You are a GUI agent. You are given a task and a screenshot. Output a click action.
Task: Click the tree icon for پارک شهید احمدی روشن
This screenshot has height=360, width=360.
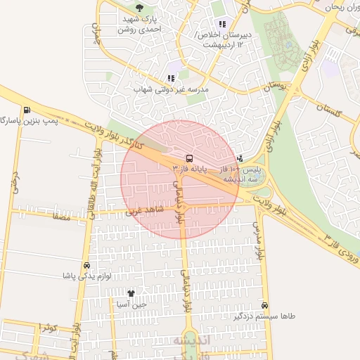139,8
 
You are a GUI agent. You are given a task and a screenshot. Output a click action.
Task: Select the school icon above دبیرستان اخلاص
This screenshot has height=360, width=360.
222,25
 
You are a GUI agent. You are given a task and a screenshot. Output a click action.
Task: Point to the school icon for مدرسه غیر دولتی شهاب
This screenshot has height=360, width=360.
171,79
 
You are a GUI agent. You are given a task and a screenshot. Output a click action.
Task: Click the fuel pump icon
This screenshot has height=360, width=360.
27,110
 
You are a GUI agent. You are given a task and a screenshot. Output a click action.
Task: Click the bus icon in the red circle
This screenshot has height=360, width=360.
189,158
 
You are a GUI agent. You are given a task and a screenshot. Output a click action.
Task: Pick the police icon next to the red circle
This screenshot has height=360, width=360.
241,158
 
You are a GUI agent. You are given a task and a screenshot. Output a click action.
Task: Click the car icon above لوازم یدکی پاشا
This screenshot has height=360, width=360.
86,266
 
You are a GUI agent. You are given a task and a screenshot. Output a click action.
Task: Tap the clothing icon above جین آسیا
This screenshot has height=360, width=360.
130,293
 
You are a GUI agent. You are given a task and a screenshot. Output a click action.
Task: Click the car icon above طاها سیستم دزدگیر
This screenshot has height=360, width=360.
264,306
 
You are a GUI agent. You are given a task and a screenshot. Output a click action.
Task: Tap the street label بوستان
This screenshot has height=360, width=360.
276,88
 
